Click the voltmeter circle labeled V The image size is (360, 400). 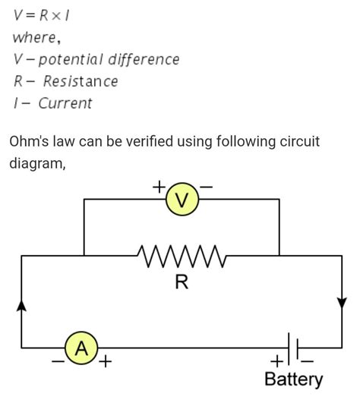coord(182,200)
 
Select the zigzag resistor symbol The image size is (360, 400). coord(182,257)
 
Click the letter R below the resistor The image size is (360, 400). coord(182,282)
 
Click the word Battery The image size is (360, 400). coord(293,380)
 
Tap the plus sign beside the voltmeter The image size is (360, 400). coord(159,185)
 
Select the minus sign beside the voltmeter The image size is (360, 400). coord(206,185)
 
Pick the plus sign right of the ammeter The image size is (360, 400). coord(104,362)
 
